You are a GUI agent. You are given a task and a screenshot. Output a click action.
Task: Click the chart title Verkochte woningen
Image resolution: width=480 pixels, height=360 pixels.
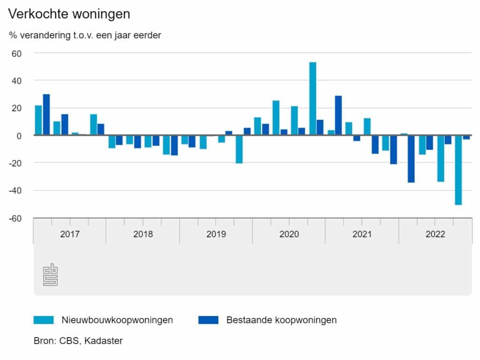point(69,15)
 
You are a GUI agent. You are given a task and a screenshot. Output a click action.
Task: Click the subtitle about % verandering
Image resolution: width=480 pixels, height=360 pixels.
point(85,35)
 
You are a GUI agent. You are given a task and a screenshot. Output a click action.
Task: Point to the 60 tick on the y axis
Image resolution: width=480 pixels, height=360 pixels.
point(17,53)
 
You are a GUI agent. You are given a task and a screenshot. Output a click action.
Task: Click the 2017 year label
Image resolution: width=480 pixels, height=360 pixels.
point(70,234)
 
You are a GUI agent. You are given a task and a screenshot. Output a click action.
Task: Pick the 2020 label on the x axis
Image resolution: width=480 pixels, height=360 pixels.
point(289,234)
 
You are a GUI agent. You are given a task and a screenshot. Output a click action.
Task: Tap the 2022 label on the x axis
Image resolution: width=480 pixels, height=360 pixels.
point(435,234)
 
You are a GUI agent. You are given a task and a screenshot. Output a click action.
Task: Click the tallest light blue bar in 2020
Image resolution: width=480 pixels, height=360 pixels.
point(313,98)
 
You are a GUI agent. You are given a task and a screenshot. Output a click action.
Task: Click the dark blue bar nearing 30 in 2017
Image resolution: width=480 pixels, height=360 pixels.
point(46,114)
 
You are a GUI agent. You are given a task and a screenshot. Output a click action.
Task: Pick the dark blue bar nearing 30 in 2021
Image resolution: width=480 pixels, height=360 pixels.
point(338,115)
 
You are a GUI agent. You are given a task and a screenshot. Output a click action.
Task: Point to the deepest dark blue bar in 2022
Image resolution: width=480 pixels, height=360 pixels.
point(411,158)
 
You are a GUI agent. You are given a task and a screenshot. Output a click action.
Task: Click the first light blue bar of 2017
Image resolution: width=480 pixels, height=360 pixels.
point(38,120)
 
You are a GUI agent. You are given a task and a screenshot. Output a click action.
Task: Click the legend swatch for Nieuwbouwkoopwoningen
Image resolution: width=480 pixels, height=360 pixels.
point(44,320)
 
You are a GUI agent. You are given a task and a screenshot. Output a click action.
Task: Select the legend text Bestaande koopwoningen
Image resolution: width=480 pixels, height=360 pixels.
point(281,320)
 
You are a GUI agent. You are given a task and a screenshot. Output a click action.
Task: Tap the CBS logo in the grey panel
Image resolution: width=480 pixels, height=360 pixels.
point(50,275)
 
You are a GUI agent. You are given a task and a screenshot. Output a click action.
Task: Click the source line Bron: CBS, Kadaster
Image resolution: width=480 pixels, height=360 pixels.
point(78,341)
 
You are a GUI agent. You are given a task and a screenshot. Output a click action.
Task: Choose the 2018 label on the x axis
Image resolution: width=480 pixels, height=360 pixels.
point(143,234)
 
